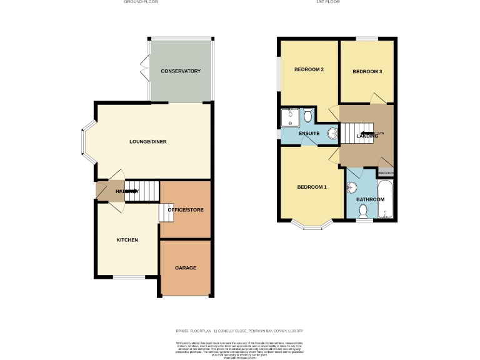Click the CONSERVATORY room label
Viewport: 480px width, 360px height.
point(181,71)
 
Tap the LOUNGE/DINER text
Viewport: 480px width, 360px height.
point(147,142)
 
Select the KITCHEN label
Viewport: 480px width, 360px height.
point(127,240)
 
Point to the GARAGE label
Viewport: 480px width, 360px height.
point(186,267)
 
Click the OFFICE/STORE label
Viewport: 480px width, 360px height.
point(186,209)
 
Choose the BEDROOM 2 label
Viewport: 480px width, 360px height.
point(309,69)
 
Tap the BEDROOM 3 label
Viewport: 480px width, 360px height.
point(367,72)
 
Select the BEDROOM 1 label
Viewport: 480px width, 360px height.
point(311,187)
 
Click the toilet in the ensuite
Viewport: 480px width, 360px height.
point(307,116)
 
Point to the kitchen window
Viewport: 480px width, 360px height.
point(129,276)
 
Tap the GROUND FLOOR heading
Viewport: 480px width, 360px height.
point(141,2)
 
